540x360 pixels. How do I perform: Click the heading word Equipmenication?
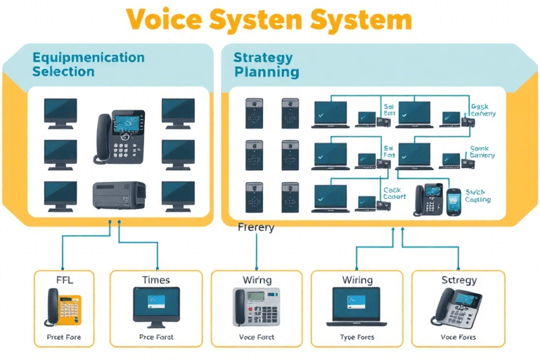(89, 58)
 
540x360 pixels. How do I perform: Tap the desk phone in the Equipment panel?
(120, 136)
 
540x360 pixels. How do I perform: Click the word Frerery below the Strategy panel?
(256, 228)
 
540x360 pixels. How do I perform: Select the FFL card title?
(64, 280)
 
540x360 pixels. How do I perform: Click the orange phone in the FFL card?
(64, 308)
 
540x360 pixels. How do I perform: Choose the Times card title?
(156, 280)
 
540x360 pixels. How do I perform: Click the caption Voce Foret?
(257, 337)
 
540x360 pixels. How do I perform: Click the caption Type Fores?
(357, 337)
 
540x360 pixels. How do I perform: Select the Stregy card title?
(458, 280)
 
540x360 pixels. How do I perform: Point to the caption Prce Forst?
(156, 337)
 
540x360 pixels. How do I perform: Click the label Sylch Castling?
(478, 195)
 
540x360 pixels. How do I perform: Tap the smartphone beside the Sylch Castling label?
(454, 200)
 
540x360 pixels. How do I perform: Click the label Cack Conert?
(394, 193)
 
